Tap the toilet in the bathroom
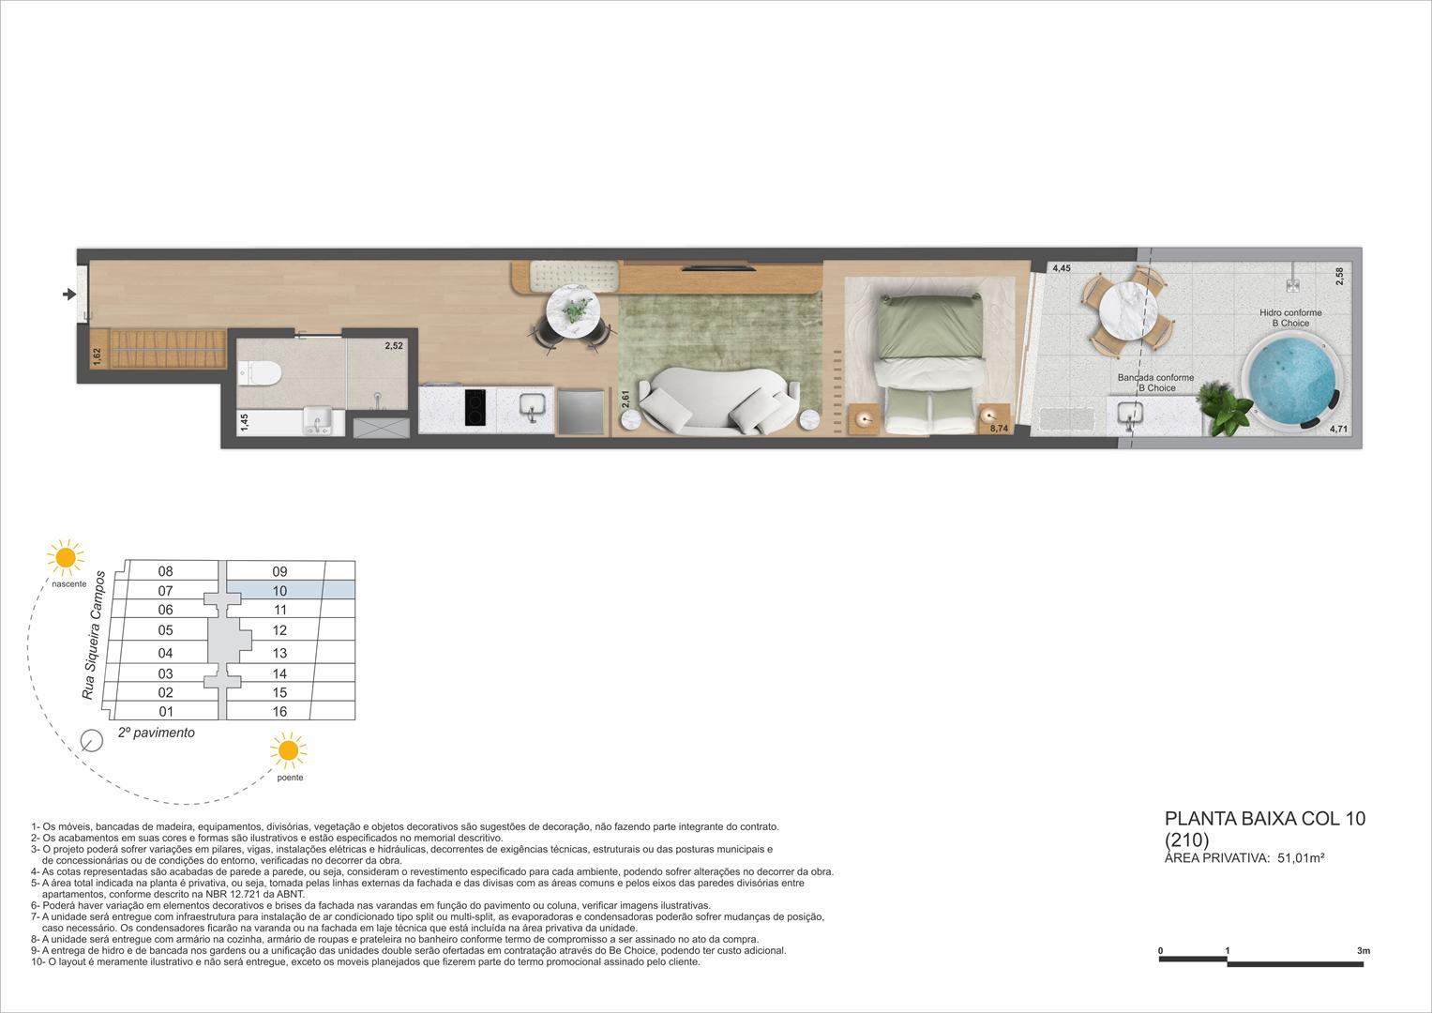pos(259,374)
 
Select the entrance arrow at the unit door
pos(68,295)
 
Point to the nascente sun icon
pos(66,557)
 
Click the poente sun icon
pos(288,751)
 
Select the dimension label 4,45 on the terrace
pos(1061,269)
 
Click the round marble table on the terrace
pos(1123,310)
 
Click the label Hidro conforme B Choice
pos(1289,318)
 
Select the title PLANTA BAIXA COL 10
pos(1263,819)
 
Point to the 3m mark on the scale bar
pos(1363,951)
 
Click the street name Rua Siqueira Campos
pos(93,635)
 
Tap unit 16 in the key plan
pos(279,712)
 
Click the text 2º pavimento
pos(157,733)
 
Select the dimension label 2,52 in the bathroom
pos(394,346)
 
